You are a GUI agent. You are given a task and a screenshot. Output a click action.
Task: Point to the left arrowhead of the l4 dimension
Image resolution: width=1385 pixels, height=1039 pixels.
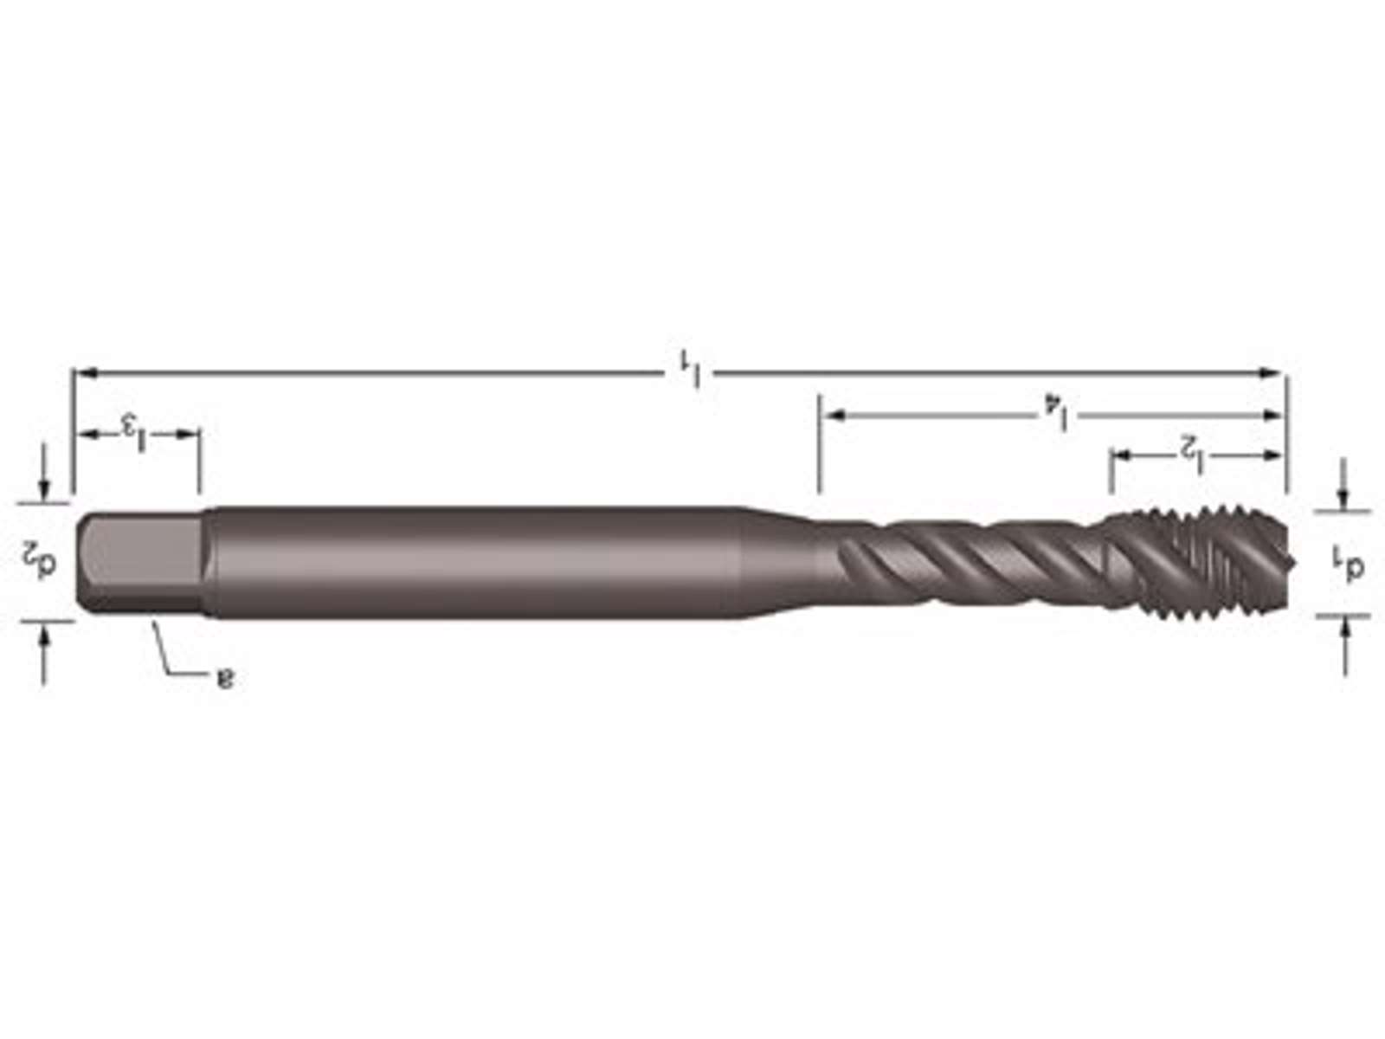pos(835,415)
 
